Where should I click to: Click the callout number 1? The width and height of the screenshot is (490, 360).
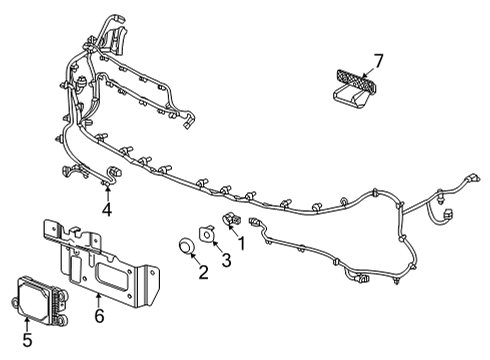[x=239, y=242]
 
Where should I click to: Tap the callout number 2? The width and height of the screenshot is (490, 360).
[x=203, y=272]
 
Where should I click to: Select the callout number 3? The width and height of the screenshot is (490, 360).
[x=226, y=263]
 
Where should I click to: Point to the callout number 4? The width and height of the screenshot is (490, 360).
[x=107, y=211]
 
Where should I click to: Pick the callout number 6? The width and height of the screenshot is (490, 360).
[x=97, y=316]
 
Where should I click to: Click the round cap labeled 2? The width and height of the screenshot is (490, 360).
[x=185, y=246]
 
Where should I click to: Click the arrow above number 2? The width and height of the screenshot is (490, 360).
[x=196, y=259]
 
